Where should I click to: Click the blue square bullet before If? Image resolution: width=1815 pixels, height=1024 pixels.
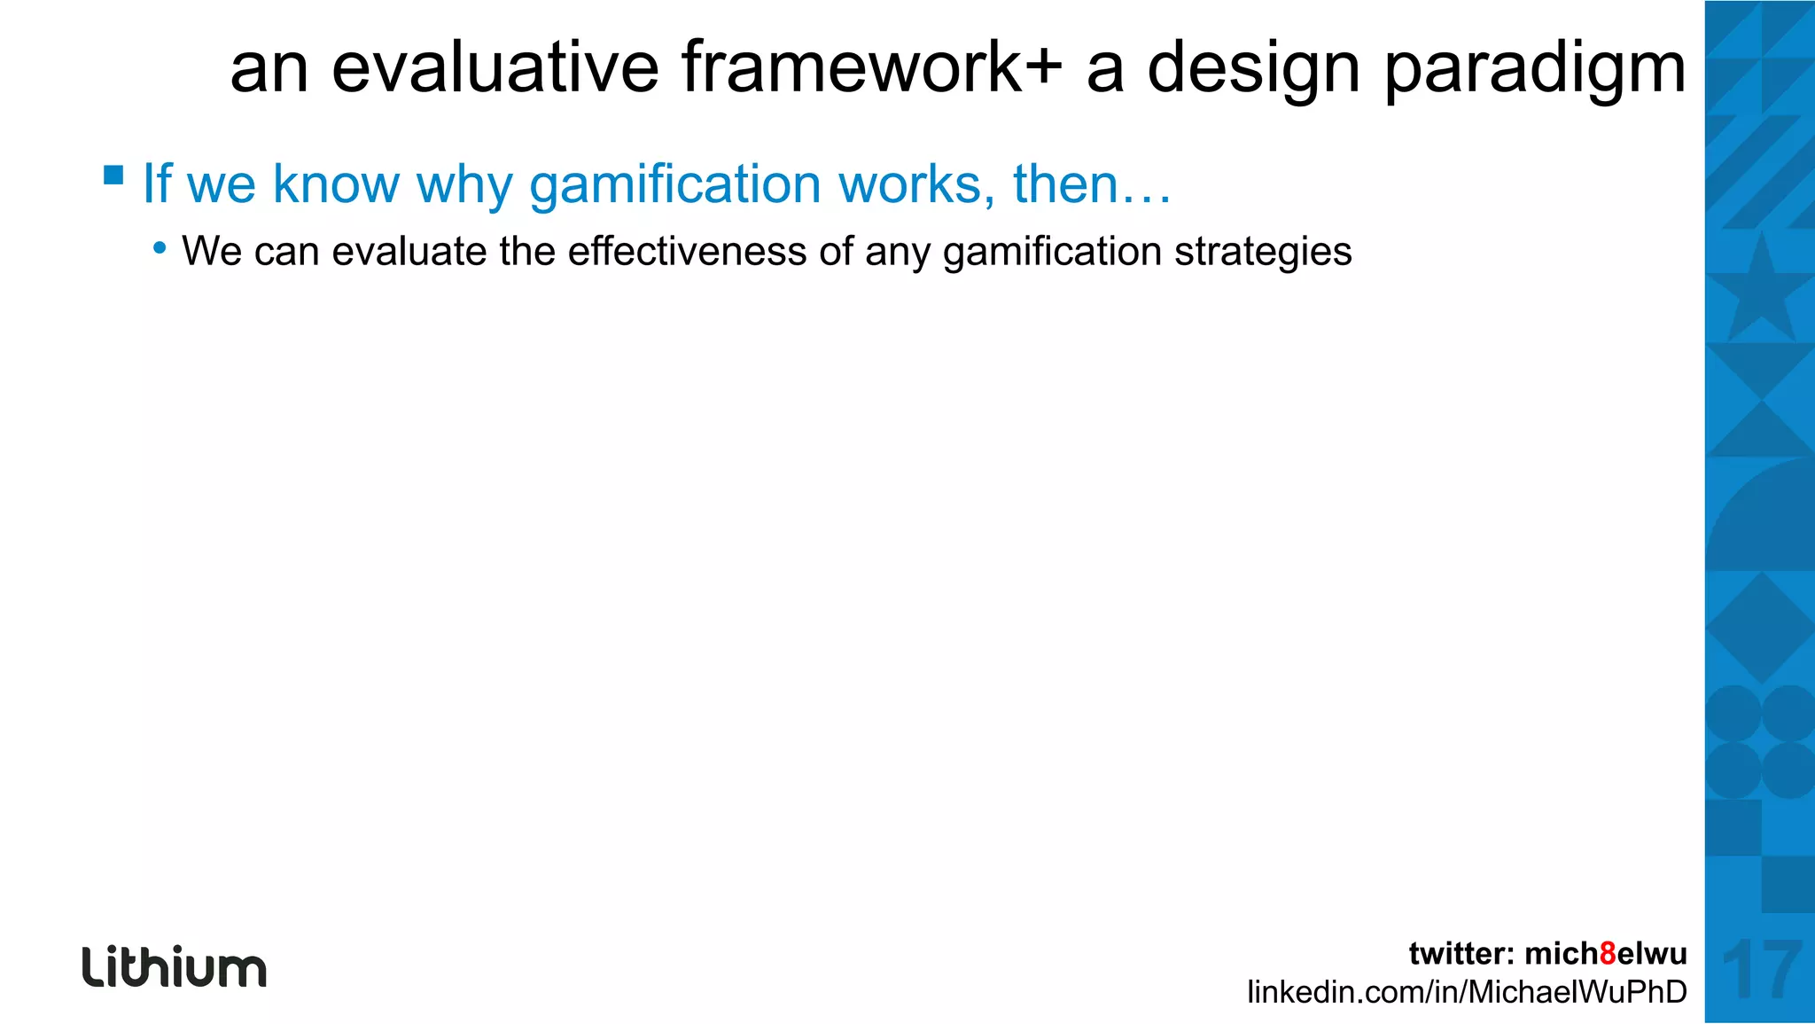pos(113,174)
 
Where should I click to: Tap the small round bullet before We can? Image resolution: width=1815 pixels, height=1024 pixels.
pos(160,248)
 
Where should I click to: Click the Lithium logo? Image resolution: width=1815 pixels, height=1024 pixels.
pos(174,966)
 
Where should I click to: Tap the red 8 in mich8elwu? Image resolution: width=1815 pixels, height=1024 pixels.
pos(1608,953)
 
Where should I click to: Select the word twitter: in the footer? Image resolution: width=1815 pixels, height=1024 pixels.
pos(1461,953)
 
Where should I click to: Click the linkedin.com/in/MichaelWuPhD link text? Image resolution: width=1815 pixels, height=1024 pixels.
pos(1467,991)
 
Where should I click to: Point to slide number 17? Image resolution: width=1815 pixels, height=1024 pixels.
pos(1760,971)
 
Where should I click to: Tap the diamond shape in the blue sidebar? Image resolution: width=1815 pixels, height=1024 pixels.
pos(1760,628)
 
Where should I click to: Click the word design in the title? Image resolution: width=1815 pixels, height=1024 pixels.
pos(1252,69)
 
